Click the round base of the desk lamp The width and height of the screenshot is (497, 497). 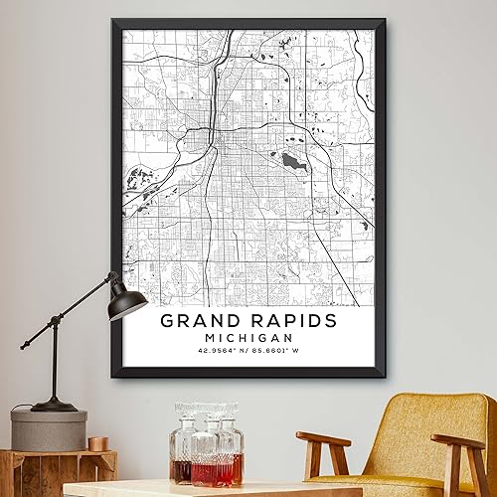(54, 406)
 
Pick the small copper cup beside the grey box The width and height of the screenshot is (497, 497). (97, 442)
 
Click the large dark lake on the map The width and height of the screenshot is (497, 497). (291, 160)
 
